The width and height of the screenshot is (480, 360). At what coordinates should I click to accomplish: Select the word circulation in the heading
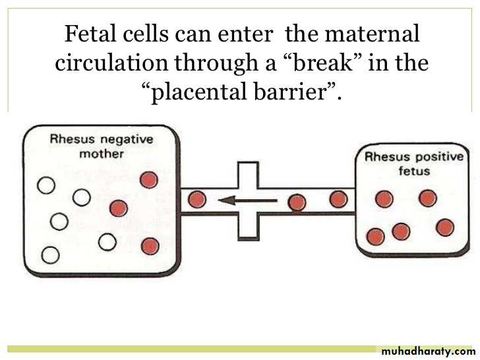[111, 63]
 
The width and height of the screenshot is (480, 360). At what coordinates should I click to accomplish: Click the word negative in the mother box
[127, 140]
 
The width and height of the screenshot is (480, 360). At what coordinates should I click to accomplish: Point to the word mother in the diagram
[102, 154]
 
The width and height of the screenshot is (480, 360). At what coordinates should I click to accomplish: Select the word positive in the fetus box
[439, 158]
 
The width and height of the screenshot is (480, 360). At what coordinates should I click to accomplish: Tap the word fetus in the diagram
[414, 171]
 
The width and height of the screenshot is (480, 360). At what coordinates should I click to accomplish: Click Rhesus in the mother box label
[73, 138]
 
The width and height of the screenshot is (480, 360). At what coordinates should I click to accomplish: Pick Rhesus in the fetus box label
[387, 157]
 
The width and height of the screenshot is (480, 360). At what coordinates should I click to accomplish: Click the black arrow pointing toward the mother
[248, 201]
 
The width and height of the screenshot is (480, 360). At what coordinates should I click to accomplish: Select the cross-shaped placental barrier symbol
[249, 200]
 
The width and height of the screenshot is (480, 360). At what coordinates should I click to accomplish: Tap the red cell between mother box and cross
[197, 200]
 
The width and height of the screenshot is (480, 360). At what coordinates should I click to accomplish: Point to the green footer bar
[191, 349]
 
